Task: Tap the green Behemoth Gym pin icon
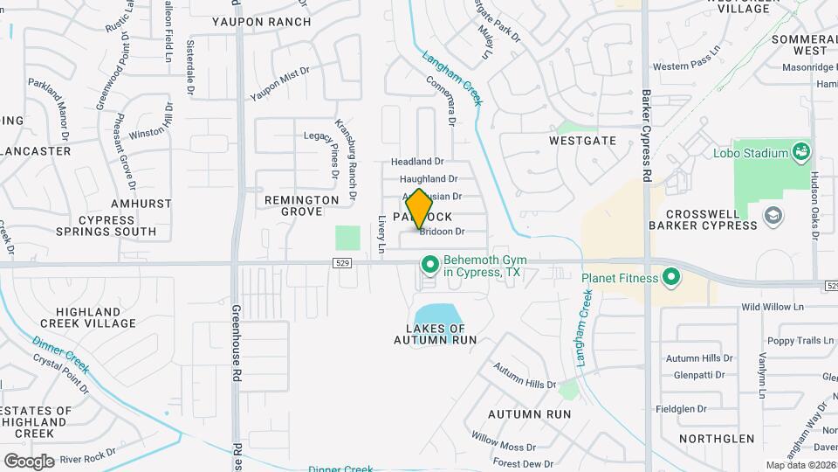coord(429,263)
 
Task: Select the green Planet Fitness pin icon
coord(670,279)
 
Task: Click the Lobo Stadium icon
coord(800,153)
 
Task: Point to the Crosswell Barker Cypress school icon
coord(773,215)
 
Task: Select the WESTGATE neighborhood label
coord(583,141)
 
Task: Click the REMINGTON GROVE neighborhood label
coord(302,206)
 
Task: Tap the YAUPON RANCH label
coord(262,21)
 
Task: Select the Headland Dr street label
coord(417,162)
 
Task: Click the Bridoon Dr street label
coord(442,232)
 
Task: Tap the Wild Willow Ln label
coord(772,307)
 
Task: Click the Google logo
coord(29,461)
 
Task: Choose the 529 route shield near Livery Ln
coord(342,262)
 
